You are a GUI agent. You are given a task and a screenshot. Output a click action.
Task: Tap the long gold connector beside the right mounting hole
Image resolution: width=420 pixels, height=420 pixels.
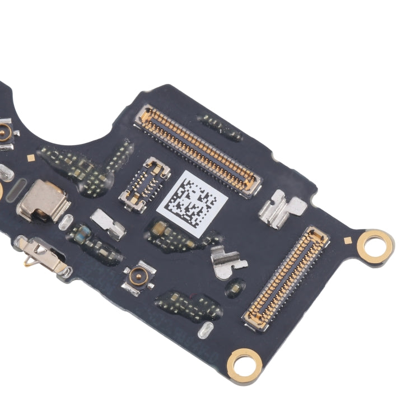(x=286, y=278)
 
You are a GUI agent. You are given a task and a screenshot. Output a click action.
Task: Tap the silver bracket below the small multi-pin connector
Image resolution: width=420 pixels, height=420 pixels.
(x=108, y=222)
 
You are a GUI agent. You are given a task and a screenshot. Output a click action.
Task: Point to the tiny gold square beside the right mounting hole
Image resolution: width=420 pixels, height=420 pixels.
(x=348, y=240)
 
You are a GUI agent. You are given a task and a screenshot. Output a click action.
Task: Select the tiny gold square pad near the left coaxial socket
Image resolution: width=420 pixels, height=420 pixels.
(x=31, y=158)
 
